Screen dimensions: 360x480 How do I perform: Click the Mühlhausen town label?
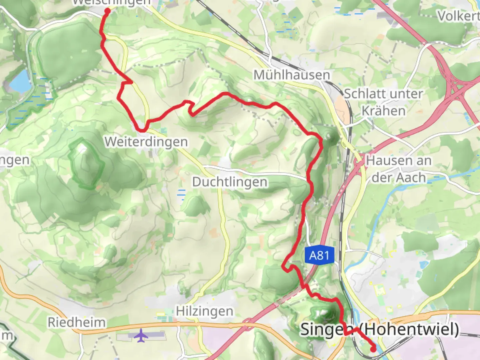[x=292, y=75]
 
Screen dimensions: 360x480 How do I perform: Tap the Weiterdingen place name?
[x=146, y=142]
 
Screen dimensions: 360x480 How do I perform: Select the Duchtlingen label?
[x=230, y=182]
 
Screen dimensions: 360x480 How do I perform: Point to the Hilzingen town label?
[x=205, y=311]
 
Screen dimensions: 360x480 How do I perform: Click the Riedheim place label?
[x=77, y=322]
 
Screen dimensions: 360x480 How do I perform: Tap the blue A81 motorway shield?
[x=319, y=255]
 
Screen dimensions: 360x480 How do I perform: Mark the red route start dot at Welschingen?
[x=107, y=11]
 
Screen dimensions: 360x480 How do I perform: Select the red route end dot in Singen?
[x=373, y=349]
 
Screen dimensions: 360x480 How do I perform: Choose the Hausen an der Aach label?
[x=399, y=169]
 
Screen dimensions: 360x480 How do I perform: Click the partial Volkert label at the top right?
[x=458, y=16]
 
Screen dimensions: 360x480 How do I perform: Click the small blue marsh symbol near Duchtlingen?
[x=181, y=194]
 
